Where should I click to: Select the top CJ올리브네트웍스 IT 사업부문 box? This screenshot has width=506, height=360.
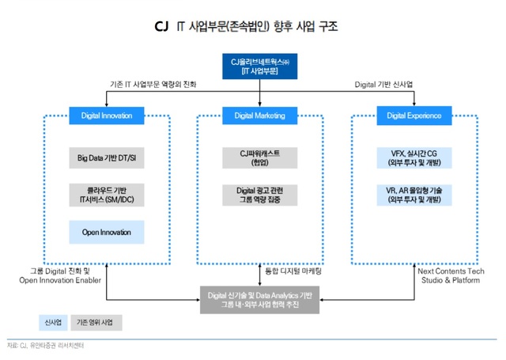click(259, 67)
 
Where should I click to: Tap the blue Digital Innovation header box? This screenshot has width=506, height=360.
click(106, 116)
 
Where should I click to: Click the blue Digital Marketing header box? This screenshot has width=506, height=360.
click(259, 116)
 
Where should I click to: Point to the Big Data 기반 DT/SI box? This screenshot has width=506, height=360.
click(106, 157)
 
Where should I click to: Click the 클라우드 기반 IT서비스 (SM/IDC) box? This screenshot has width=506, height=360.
click(106, 195)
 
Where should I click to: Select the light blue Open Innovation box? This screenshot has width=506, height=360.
click(106, 233)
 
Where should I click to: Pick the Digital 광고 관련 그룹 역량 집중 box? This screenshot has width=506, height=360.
click(259, 195)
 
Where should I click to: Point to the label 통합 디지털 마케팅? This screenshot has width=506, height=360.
click(299, 272)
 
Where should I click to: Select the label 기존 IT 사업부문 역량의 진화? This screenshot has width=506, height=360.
click(153, 85)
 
